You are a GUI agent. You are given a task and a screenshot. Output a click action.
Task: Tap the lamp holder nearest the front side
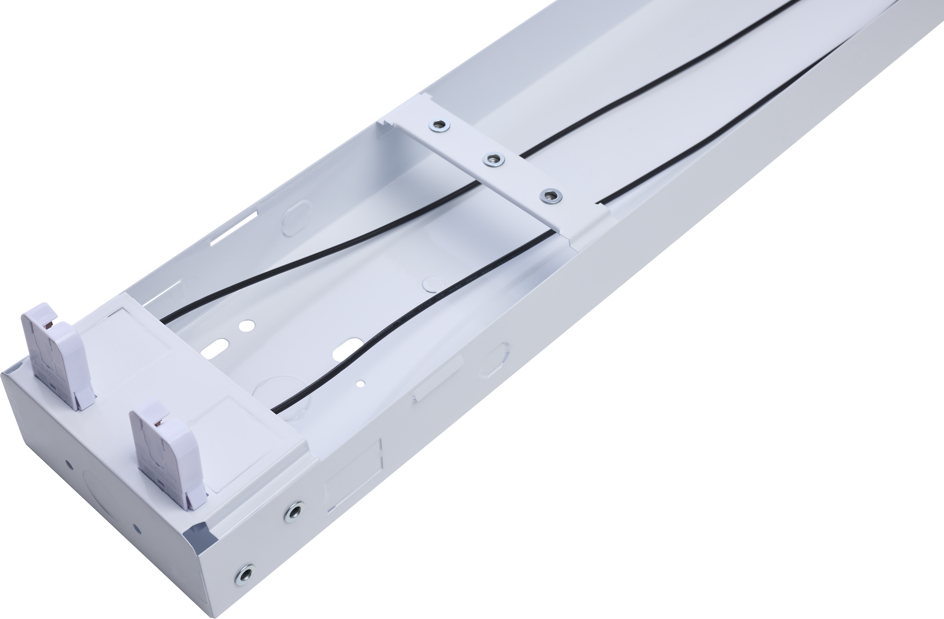tap(166, 452)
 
